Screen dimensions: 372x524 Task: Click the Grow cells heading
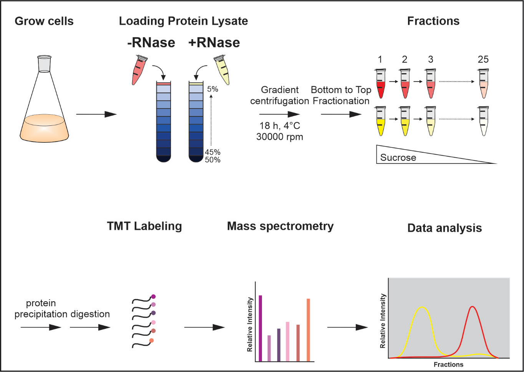44,21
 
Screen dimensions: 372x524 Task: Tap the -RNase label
151,42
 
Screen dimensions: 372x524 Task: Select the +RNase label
214,42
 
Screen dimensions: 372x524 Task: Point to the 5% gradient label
212,89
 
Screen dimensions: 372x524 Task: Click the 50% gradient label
212,160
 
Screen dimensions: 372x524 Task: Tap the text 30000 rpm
279,137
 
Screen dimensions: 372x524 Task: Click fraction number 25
483,59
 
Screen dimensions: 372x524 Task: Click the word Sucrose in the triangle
398,158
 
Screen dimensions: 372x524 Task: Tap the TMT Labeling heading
144,226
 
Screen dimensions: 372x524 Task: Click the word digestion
90,314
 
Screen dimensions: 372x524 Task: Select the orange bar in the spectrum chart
308,330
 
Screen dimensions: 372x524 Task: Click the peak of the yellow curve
423,307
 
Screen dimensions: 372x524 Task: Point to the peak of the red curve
472,307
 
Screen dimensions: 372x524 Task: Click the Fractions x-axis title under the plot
448,364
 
